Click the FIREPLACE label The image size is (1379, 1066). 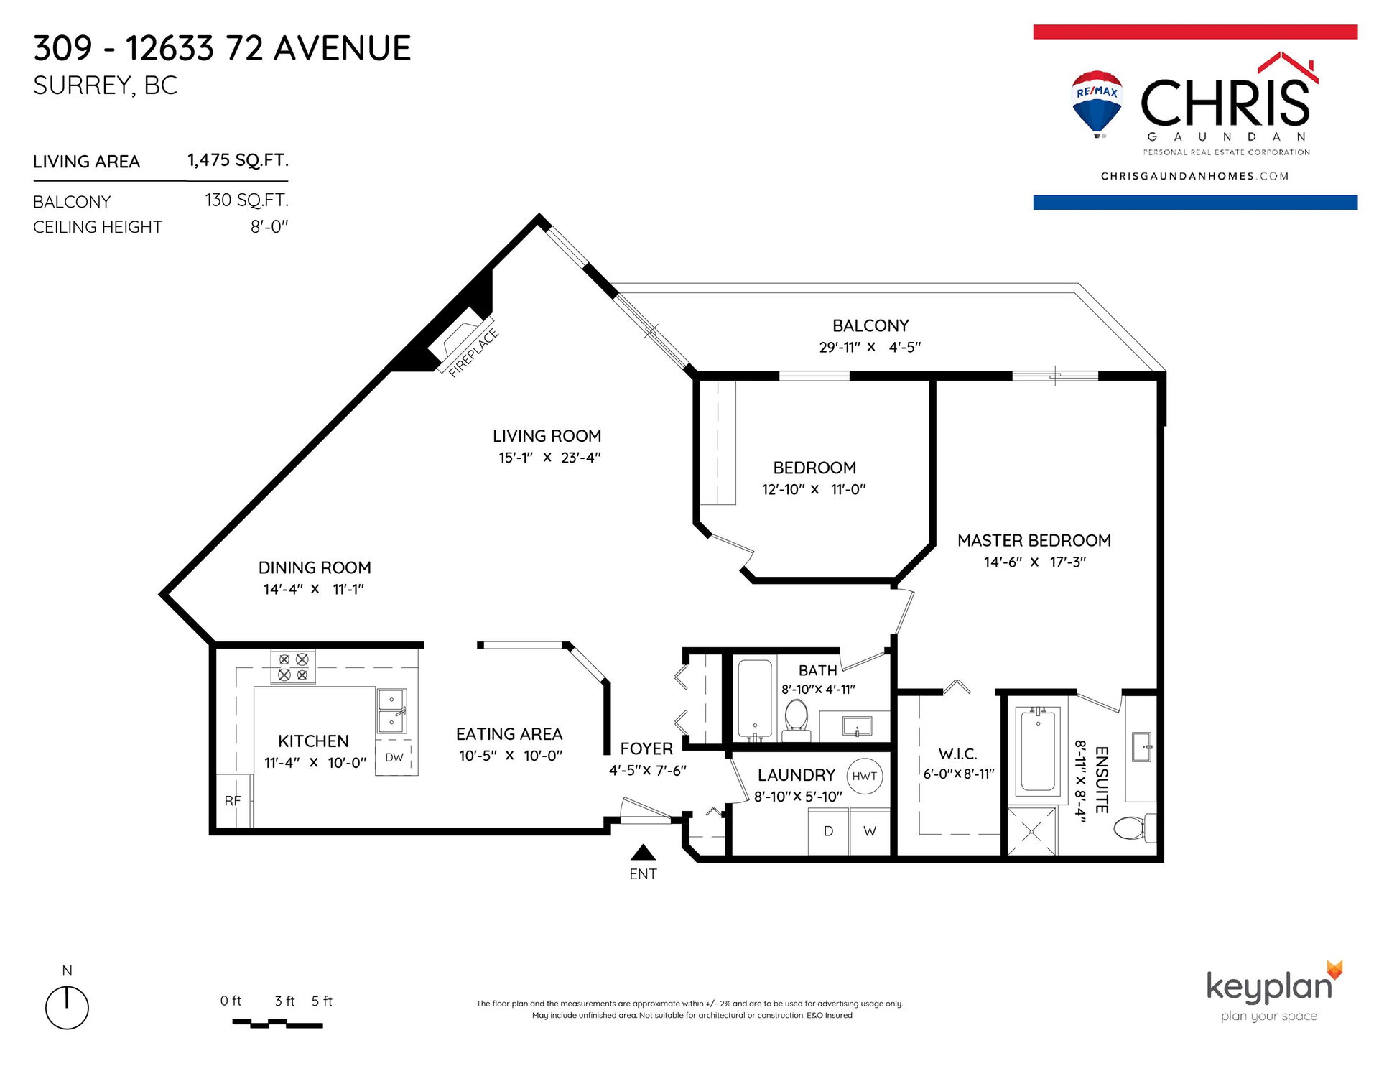(x=473, y=353)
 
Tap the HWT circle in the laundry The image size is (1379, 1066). (x=865, y=777)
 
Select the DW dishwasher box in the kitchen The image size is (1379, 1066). (x=394, y=758)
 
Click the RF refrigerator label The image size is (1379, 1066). (x=233, y=801)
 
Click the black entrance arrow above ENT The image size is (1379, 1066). (x=643, y=852)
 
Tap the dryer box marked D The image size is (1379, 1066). (x=829, y=832)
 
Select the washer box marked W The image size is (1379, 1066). (x=870, y=832)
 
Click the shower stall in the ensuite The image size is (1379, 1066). (x=1032, y=832)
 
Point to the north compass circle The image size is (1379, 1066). (x=67, y=1008)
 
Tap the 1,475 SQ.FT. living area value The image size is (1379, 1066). (x=238, y=160)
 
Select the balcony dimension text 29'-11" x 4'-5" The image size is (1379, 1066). (x=870, y=348)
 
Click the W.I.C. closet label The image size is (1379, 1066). (x=958, y=754)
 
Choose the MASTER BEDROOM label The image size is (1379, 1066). (x=1034, y=541)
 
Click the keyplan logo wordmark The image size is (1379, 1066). (x=1269, y=987)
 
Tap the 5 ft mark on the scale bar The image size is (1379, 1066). (x=322, y=1001)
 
